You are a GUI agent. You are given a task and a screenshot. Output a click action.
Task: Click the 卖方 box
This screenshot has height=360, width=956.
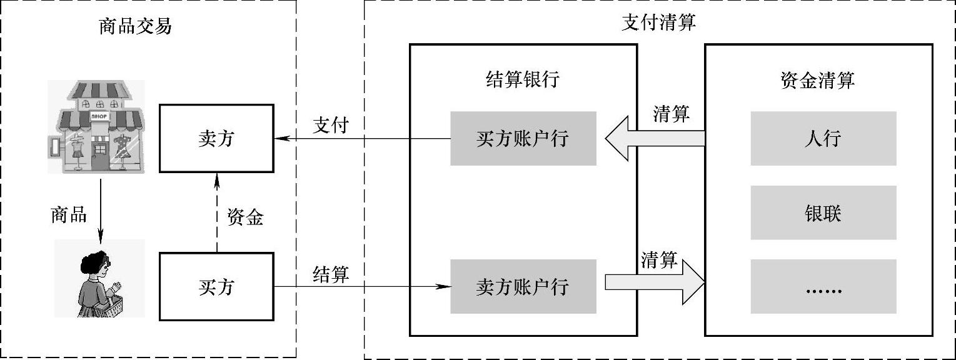(x=216, y=138)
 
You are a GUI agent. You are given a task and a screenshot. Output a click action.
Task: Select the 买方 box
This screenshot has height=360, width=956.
(x=216, y=287)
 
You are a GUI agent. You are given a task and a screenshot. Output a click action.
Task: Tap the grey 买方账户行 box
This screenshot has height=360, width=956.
(x=523, y=138)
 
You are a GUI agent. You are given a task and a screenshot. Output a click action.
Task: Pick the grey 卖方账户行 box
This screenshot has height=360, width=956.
(x=523, y=286)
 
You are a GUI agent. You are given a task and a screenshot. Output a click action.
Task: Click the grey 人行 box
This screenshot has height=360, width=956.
(x=823, y=138)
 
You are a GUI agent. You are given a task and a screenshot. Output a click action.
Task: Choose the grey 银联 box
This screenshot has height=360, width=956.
(x=823, y=212)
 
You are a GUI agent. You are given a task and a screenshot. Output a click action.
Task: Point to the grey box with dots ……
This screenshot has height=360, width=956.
(x=823, y=286)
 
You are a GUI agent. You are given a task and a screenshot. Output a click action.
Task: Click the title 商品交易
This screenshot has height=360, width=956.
(x=135, y=26)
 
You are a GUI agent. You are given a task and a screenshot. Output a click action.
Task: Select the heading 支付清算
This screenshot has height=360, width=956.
(x=659, y=22)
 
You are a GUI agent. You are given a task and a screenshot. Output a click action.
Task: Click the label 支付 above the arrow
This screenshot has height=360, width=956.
(x=330, y=125)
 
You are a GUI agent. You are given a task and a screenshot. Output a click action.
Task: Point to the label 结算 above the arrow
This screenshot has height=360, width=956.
(x=331, y=274)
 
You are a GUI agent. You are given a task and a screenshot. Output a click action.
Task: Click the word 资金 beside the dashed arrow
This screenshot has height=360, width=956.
(x=245, y=217)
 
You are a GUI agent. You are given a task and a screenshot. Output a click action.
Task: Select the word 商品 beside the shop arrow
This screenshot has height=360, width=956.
(x=69, y=214)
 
